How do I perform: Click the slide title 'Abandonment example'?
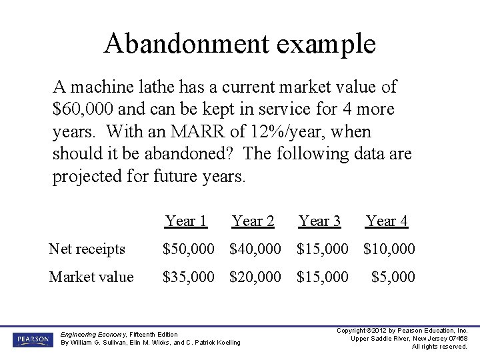(240, 44)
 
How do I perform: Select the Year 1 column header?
(186, 221)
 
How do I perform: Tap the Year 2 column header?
(253, 221)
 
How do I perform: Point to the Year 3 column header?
(319, 221)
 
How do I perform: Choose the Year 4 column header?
(387, 221)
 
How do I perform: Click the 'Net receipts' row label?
(87, 249)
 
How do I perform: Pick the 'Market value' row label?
(91, 277)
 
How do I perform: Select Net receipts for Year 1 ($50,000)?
(189, 249)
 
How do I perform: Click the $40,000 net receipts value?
(255, 249)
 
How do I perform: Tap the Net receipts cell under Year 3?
(322, 249)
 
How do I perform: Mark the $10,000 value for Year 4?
(389, 249)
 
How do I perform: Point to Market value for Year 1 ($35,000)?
(189, 277)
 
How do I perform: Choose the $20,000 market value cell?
(255, 277)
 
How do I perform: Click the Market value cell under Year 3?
(322, 277)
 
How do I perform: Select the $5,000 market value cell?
(393, 277)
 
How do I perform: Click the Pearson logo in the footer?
(31, 340)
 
